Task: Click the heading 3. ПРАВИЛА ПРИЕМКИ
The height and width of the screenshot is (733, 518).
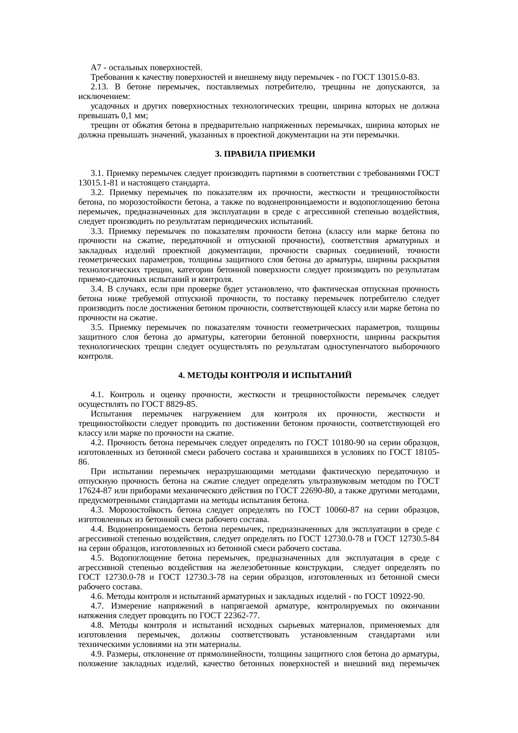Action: point(265,154)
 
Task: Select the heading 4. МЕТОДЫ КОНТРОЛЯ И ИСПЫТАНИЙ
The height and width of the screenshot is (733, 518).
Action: point(265,375)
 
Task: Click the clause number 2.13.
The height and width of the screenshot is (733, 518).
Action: point(99,87)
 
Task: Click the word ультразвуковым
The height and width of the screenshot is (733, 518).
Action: point(315,481)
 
